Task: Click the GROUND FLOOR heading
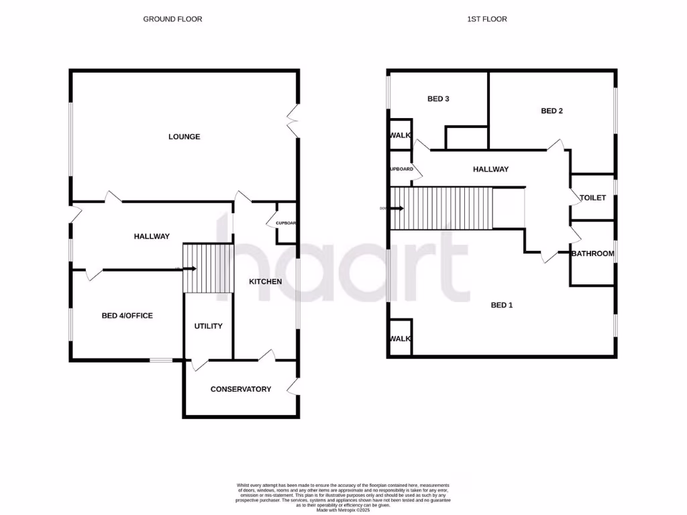[172, 19]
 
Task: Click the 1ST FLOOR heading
[487, 19]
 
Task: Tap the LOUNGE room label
[184, 137]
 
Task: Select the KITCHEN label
[266, 282]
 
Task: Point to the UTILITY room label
[208, 326]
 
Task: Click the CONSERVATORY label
[241, 390]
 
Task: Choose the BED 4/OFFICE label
[127, 316]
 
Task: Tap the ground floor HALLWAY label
[152, 237]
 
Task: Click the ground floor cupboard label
[286, 223]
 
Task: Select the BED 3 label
[438, 99]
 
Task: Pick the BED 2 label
[551, 111]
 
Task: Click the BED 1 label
[502, 306]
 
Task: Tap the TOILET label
[593, 198]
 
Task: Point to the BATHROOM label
[592, 253]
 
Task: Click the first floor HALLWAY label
[491, 170]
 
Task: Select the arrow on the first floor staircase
[397, 209]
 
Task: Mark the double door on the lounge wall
[293, 121]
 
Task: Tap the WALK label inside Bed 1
[400, 339]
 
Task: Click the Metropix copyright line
[343, 510]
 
